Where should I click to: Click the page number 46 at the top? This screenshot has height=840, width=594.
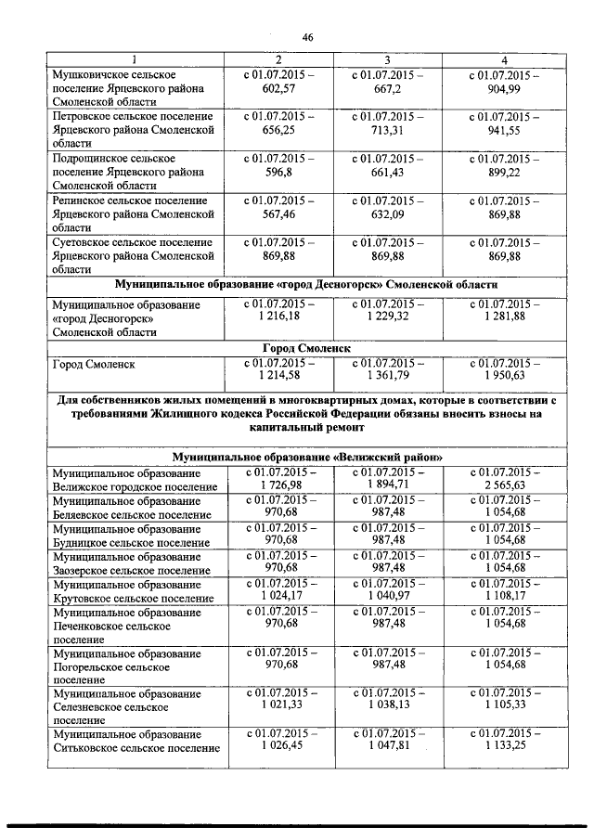(308, 38)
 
